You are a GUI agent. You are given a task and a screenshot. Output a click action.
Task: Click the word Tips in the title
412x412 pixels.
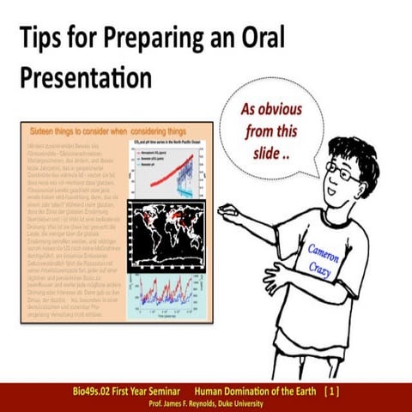click(45, 39)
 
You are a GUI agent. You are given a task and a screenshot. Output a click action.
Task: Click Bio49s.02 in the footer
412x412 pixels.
click(100, 391)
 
